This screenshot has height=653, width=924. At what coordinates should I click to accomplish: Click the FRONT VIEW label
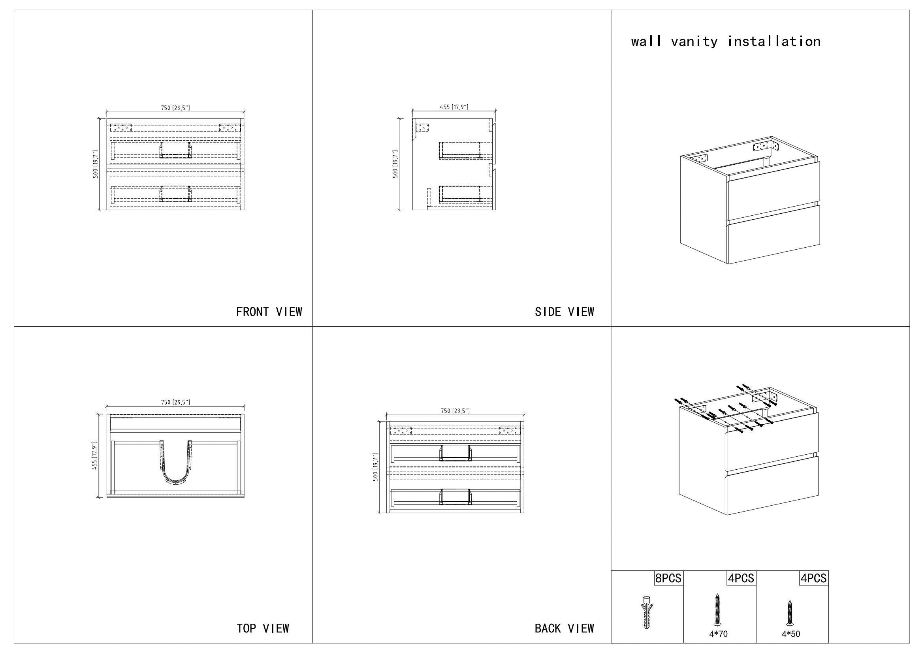point(269,312)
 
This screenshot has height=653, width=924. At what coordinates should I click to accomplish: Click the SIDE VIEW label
point(564,312)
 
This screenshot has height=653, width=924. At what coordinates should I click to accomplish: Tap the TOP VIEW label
point(263,628)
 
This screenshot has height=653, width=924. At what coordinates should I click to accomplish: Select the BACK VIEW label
point(564,628)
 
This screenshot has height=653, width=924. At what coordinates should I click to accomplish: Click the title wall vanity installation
point(726,41)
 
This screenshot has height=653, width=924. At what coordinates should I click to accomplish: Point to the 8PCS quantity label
point(668,578)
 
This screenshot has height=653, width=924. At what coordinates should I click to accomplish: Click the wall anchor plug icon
point(647,612)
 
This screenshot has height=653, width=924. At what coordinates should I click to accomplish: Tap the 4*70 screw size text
point(718,634)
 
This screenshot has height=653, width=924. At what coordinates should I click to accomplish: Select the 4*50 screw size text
point(791,634)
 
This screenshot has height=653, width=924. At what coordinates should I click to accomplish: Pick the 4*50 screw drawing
point(790,613)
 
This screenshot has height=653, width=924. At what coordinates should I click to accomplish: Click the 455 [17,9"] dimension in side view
point(454,107)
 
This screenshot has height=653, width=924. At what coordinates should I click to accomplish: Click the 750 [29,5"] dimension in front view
point(175,108)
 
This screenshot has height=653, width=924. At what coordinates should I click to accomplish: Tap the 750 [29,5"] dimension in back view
point(455,411)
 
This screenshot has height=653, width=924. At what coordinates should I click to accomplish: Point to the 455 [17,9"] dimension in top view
point(94,455)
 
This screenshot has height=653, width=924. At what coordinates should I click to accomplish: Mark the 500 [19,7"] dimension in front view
point(95,164)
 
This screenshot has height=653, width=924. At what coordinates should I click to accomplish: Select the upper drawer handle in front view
point(176,150)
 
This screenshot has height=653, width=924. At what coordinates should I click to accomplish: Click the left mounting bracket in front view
point(121,128)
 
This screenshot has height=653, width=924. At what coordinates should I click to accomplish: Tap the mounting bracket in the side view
point(423,128)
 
